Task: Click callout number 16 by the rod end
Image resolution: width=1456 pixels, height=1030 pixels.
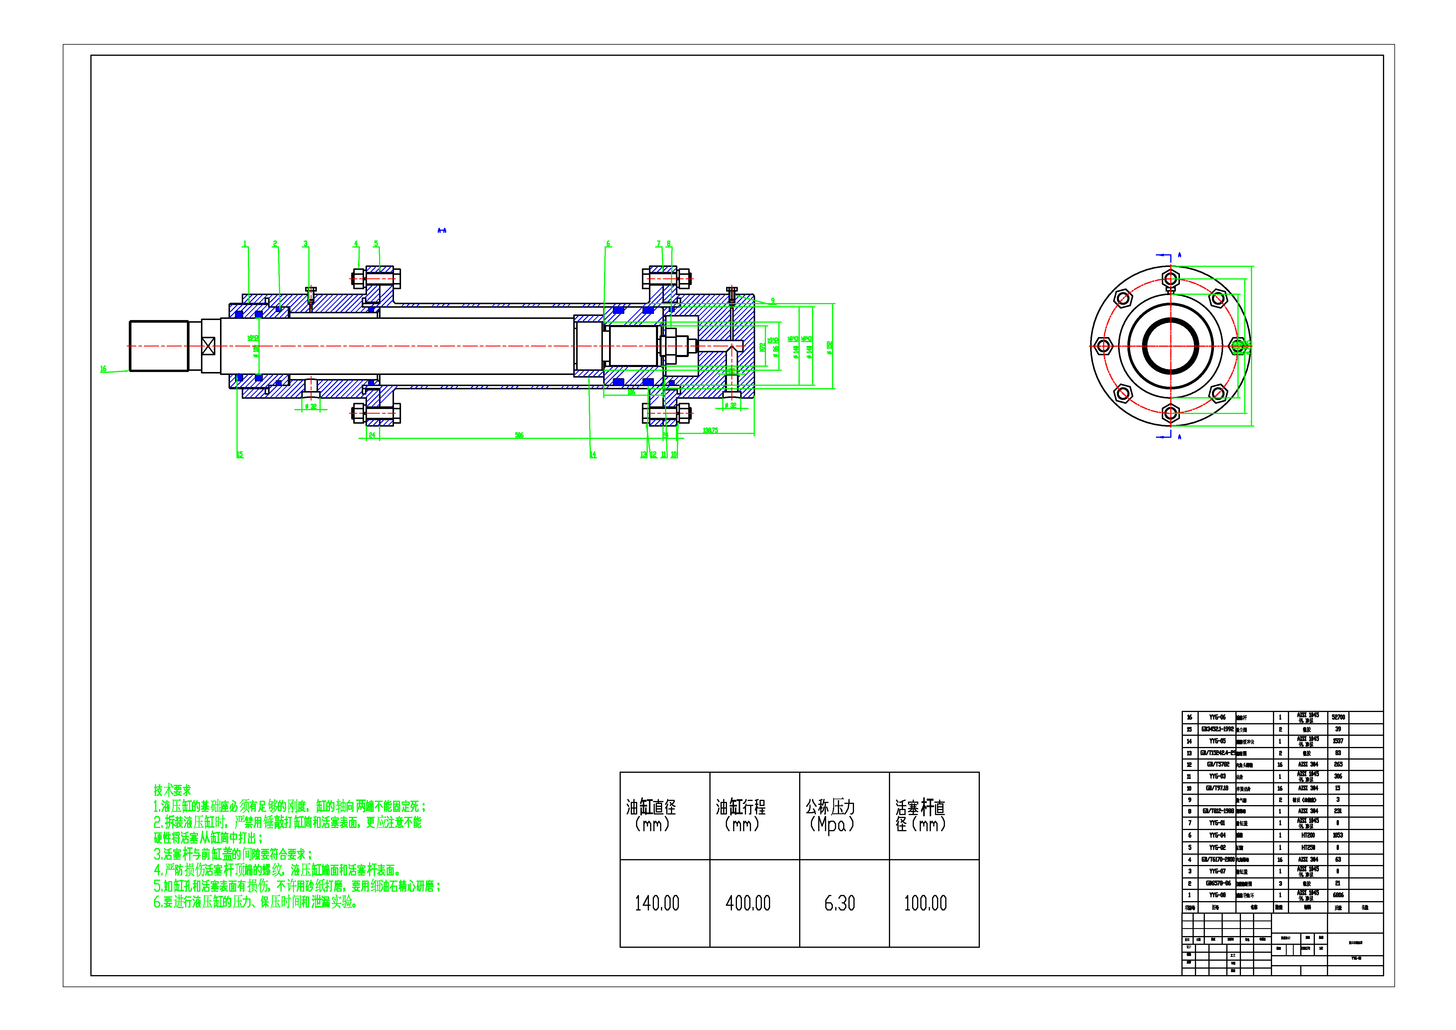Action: pos(103,369)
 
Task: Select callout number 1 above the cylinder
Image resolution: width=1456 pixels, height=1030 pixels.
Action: pos(245,244)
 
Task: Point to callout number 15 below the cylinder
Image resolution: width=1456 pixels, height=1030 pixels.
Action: pos(240,455)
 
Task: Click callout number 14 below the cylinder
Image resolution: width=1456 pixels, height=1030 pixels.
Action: pos(593,455)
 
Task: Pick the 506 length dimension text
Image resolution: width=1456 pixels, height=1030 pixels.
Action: pos(519,435)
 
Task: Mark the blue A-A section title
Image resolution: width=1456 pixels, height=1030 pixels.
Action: pos(442,230)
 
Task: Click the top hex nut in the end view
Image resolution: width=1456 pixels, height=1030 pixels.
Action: pos(1171,279)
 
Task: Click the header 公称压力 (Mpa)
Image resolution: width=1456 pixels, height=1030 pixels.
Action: pos(831,815)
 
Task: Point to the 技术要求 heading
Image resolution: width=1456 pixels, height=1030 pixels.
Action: pos(172,790)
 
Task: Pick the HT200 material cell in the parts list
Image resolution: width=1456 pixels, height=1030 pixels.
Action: pos(1308,835)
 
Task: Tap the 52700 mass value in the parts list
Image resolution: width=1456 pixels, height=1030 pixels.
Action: pos(1338,717)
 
